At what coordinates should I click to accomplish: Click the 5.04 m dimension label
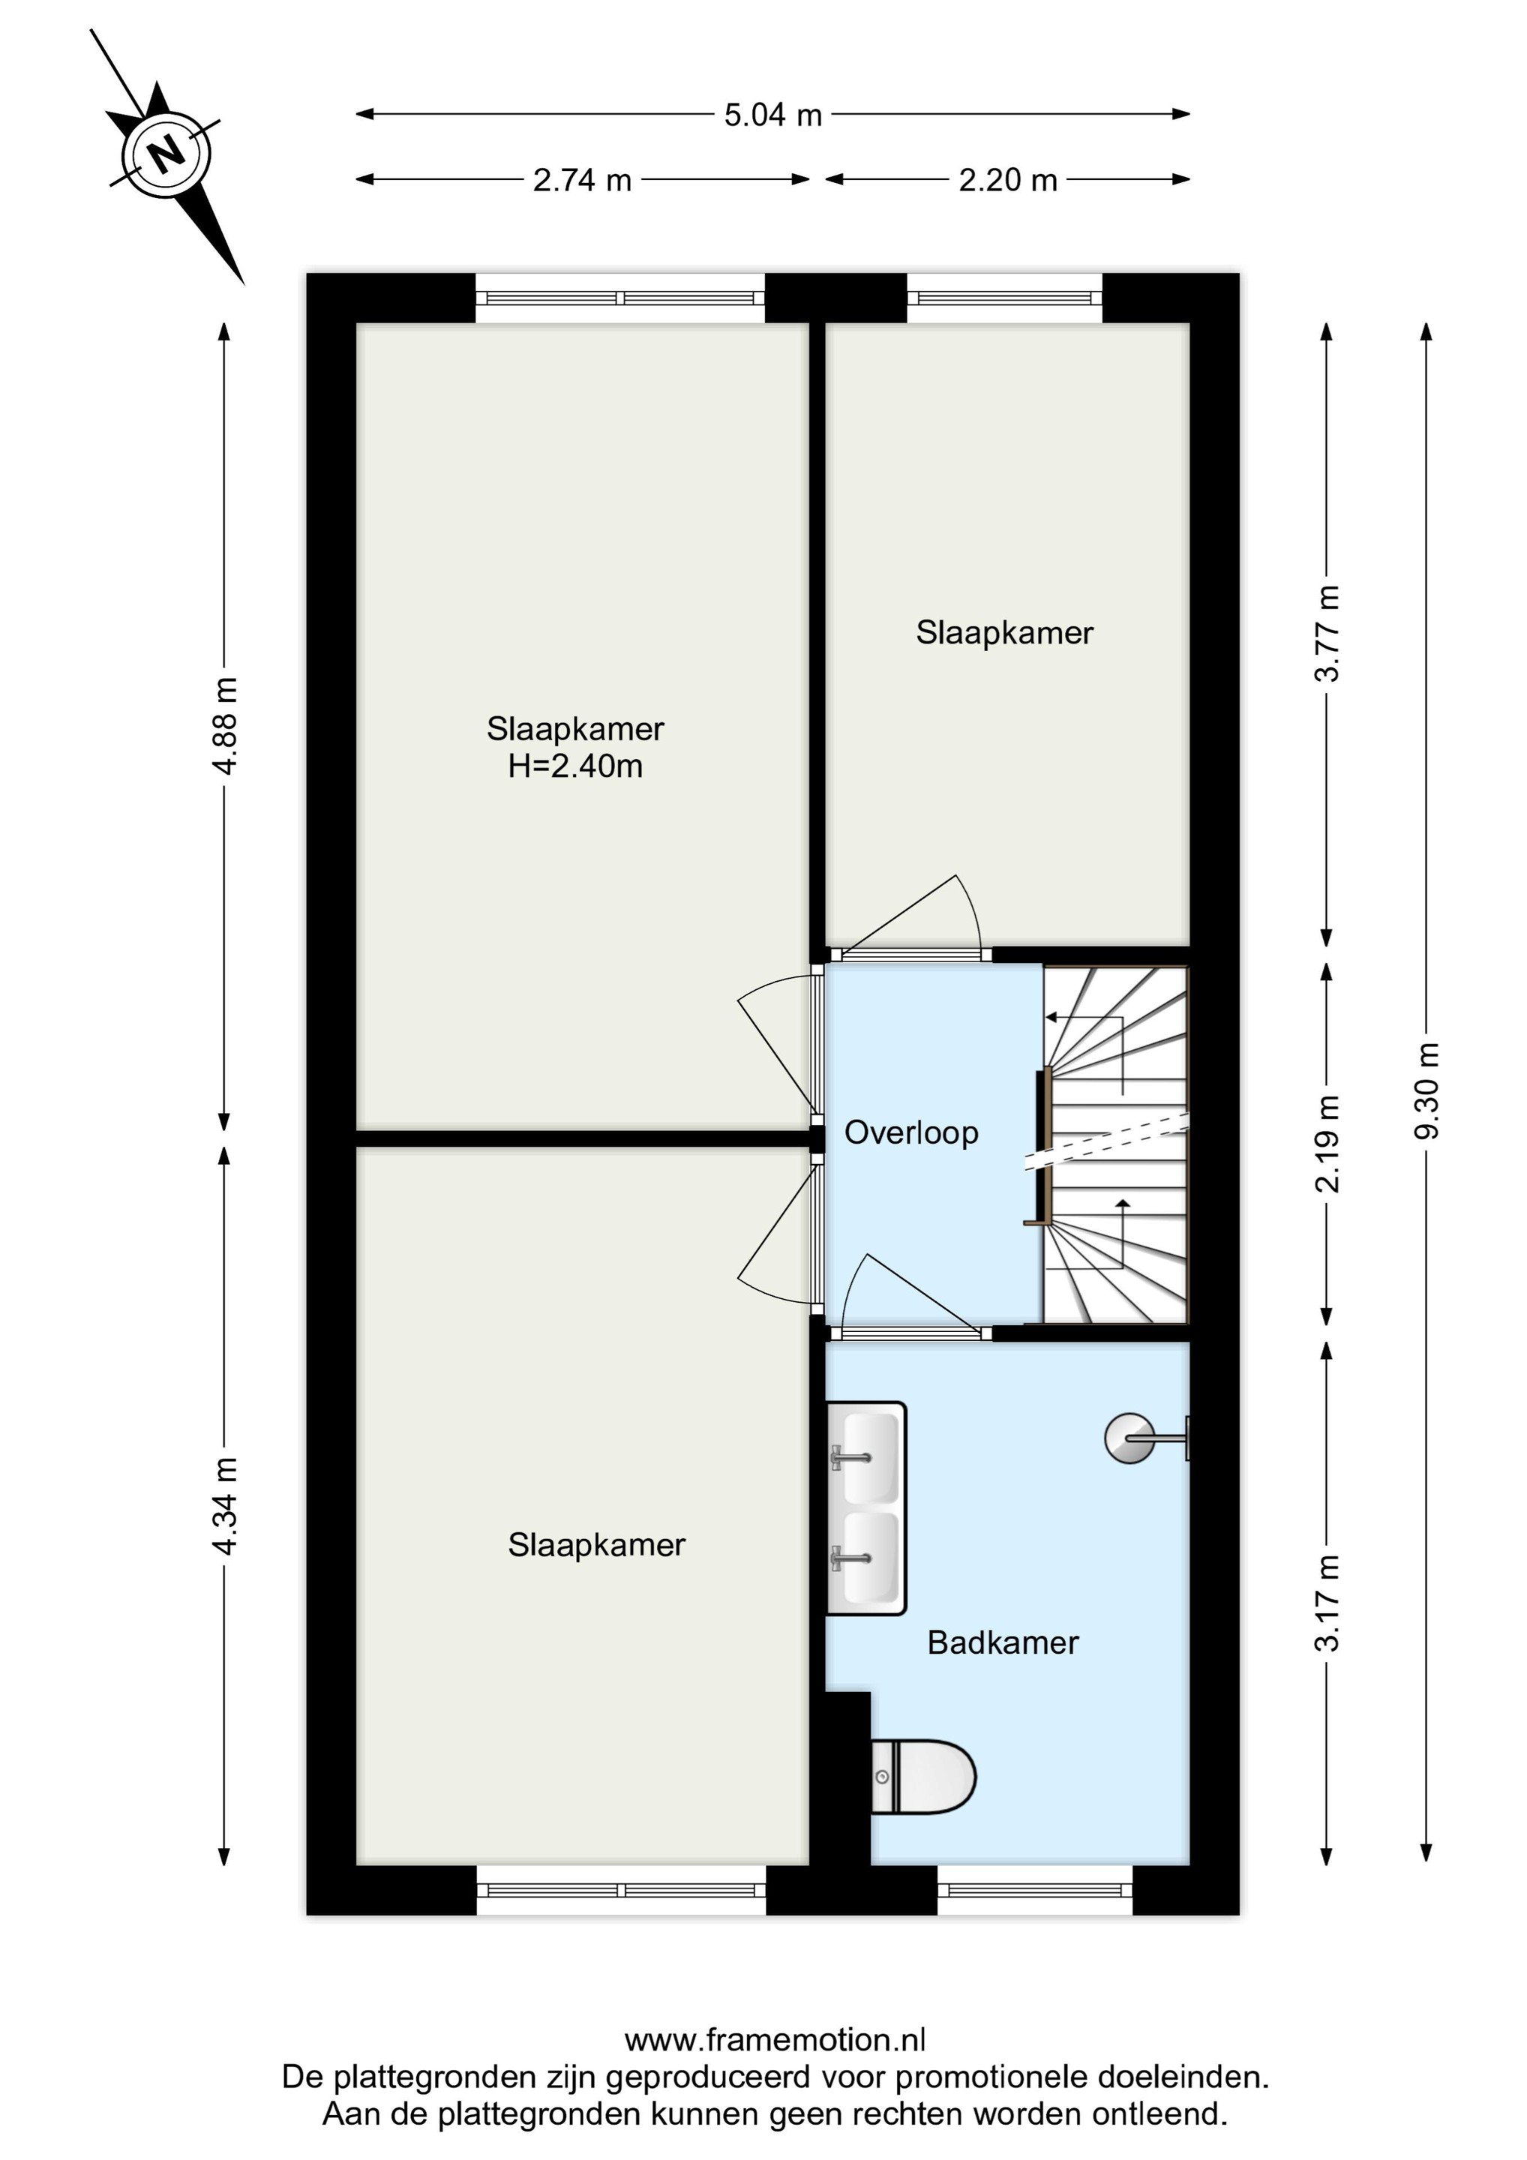(x=772, y=115)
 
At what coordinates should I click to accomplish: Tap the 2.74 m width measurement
(x=583, y=180)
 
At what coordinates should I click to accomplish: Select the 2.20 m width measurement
(x=1008, y=180)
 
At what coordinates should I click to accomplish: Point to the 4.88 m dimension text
(x=225, y=725)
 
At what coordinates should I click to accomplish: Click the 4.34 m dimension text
(x=225, y=1505)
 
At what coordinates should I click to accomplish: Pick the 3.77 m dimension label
(x=1327, y=633)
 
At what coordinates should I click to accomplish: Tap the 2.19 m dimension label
(x=1327, y=1144)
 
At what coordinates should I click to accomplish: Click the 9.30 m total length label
(x=1427, y=1091)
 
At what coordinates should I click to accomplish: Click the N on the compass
(x=167, y=153)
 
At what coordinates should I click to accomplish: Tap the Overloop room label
(x=910, y=1132)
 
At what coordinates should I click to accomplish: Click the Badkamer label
(x=1003, y=1642)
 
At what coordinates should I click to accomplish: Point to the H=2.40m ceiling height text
(x=574, y=766)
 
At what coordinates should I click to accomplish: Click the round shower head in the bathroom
(x=1129, y=1438)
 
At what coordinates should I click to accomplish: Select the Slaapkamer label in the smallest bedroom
(x=1005, y=633)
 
